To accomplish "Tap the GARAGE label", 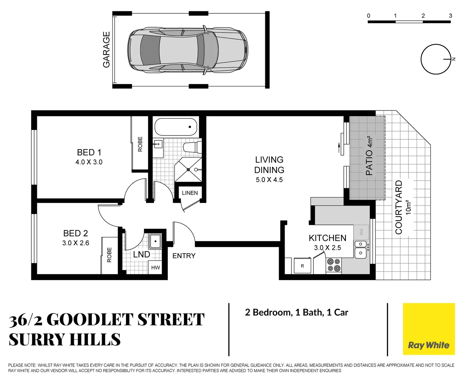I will (106, 50).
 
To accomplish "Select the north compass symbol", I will (436, 59).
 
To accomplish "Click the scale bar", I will (409, 21).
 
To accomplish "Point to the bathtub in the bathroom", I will (176, 127).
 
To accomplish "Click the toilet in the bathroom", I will (192, 147).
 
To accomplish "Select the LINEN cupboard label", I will (190, 193).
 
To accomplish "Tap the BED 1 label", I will (89, 152).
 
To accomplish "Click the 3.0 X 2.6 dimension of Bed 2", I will (76, 243).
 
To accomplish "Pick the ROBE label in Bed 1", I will (140, 144).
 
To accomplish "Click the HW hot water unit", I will (155, 267).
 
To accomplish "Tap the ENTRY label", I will (184, 256).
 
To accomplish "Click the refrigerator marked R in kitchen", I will (302, 266).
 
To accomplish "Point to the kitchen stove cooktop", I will (334, 265).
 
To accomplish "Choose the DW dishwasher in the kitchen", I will (361, 232).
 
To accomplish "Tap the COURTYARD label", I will (399, 207).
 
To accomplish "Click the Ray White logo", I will (429, 329).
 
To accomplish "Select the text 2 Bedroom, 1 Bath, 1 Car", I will (297, 312).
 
